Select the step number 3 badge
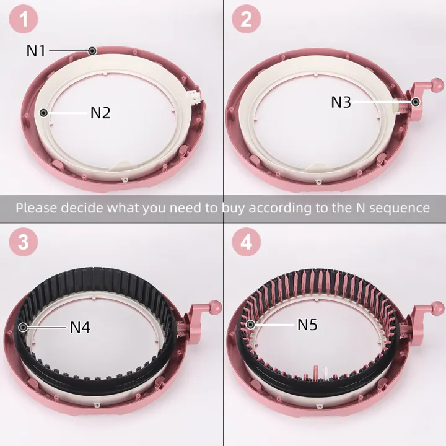(24, 242)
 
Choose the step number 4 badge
(247, 242)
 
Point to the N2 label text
(100, 113)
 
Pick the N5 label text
(307, 324)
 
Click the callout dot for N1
(92, 50)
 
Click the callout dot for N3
(415, 102)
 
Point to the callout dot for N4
(24, 326)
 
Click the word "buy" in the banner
(235, 208)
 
